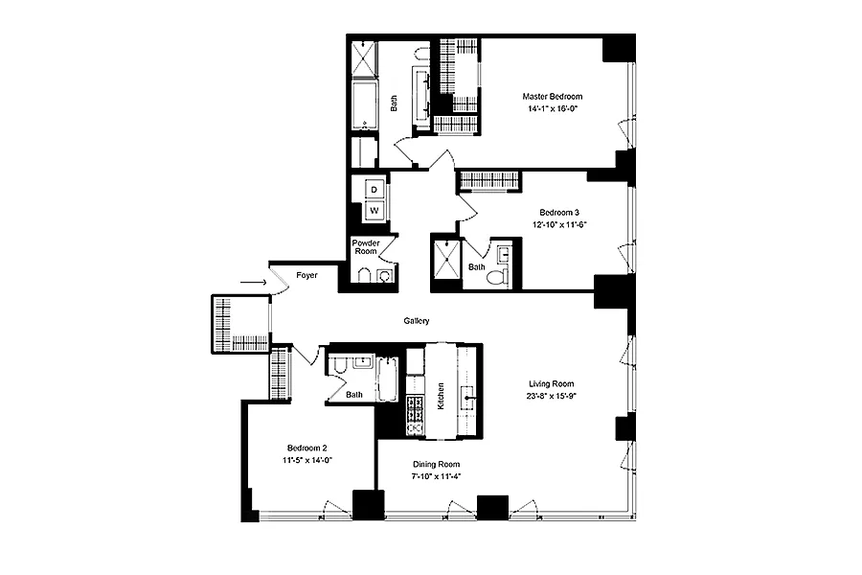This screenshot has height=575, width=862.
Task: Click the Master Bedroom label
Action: tap(553, 96)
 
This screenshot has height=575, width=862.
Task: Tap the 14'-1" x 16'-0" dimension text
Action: tap(553, 109)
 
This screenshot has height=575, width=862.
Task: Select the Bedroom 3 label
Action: tap(559, 213)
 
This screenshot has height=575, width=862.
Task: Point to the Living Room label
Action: tap(552, 384)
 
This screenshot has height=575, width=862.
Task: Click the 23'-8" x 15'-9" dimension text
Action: tap(552, 396)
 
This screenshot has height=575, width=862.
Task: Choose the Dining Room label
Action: tap(437, 465)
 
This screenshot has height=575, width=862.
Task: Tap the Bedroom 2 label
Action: tap(307, 448)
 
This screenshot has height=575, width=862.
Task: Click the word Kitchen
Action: tap(441, 396)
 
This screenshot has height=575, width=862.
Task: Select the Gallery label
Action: tap(417, 321)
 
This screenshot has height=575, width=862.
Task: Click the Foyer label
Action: tap(306, 275)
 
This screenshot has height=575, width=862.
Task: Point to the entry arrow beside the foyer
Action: tap(254, 283)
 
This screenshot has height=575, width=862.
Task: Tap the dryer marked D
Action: tap(374, 190)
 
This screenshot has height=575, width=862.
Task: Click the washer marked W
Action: tap(374, 211)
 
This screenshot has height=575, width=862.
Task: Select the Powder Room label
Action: tap(366, 247)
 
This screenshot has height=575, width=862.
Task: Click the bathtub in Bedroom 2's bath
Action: tap(388, 379)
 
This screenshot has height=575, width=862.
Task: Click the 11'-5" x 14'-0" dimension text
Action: tap(307, 461)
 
